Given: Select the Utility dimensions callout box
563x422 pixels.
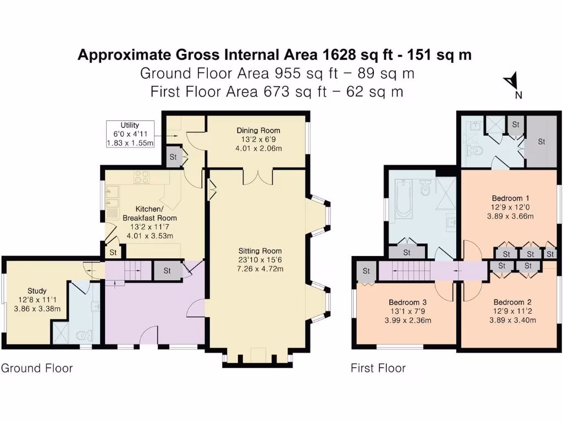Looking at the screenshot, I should (130, 134).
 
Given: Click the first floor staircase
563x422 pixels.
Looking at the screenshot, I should (417, 271).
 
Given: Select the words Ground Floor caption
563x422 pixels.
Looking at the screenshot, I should (37, 368).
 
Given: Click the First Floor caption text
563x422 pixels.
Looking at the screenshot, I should (378, 368).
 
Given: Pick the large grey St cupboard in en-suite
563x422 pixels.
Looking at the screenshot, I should (541, 141).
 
